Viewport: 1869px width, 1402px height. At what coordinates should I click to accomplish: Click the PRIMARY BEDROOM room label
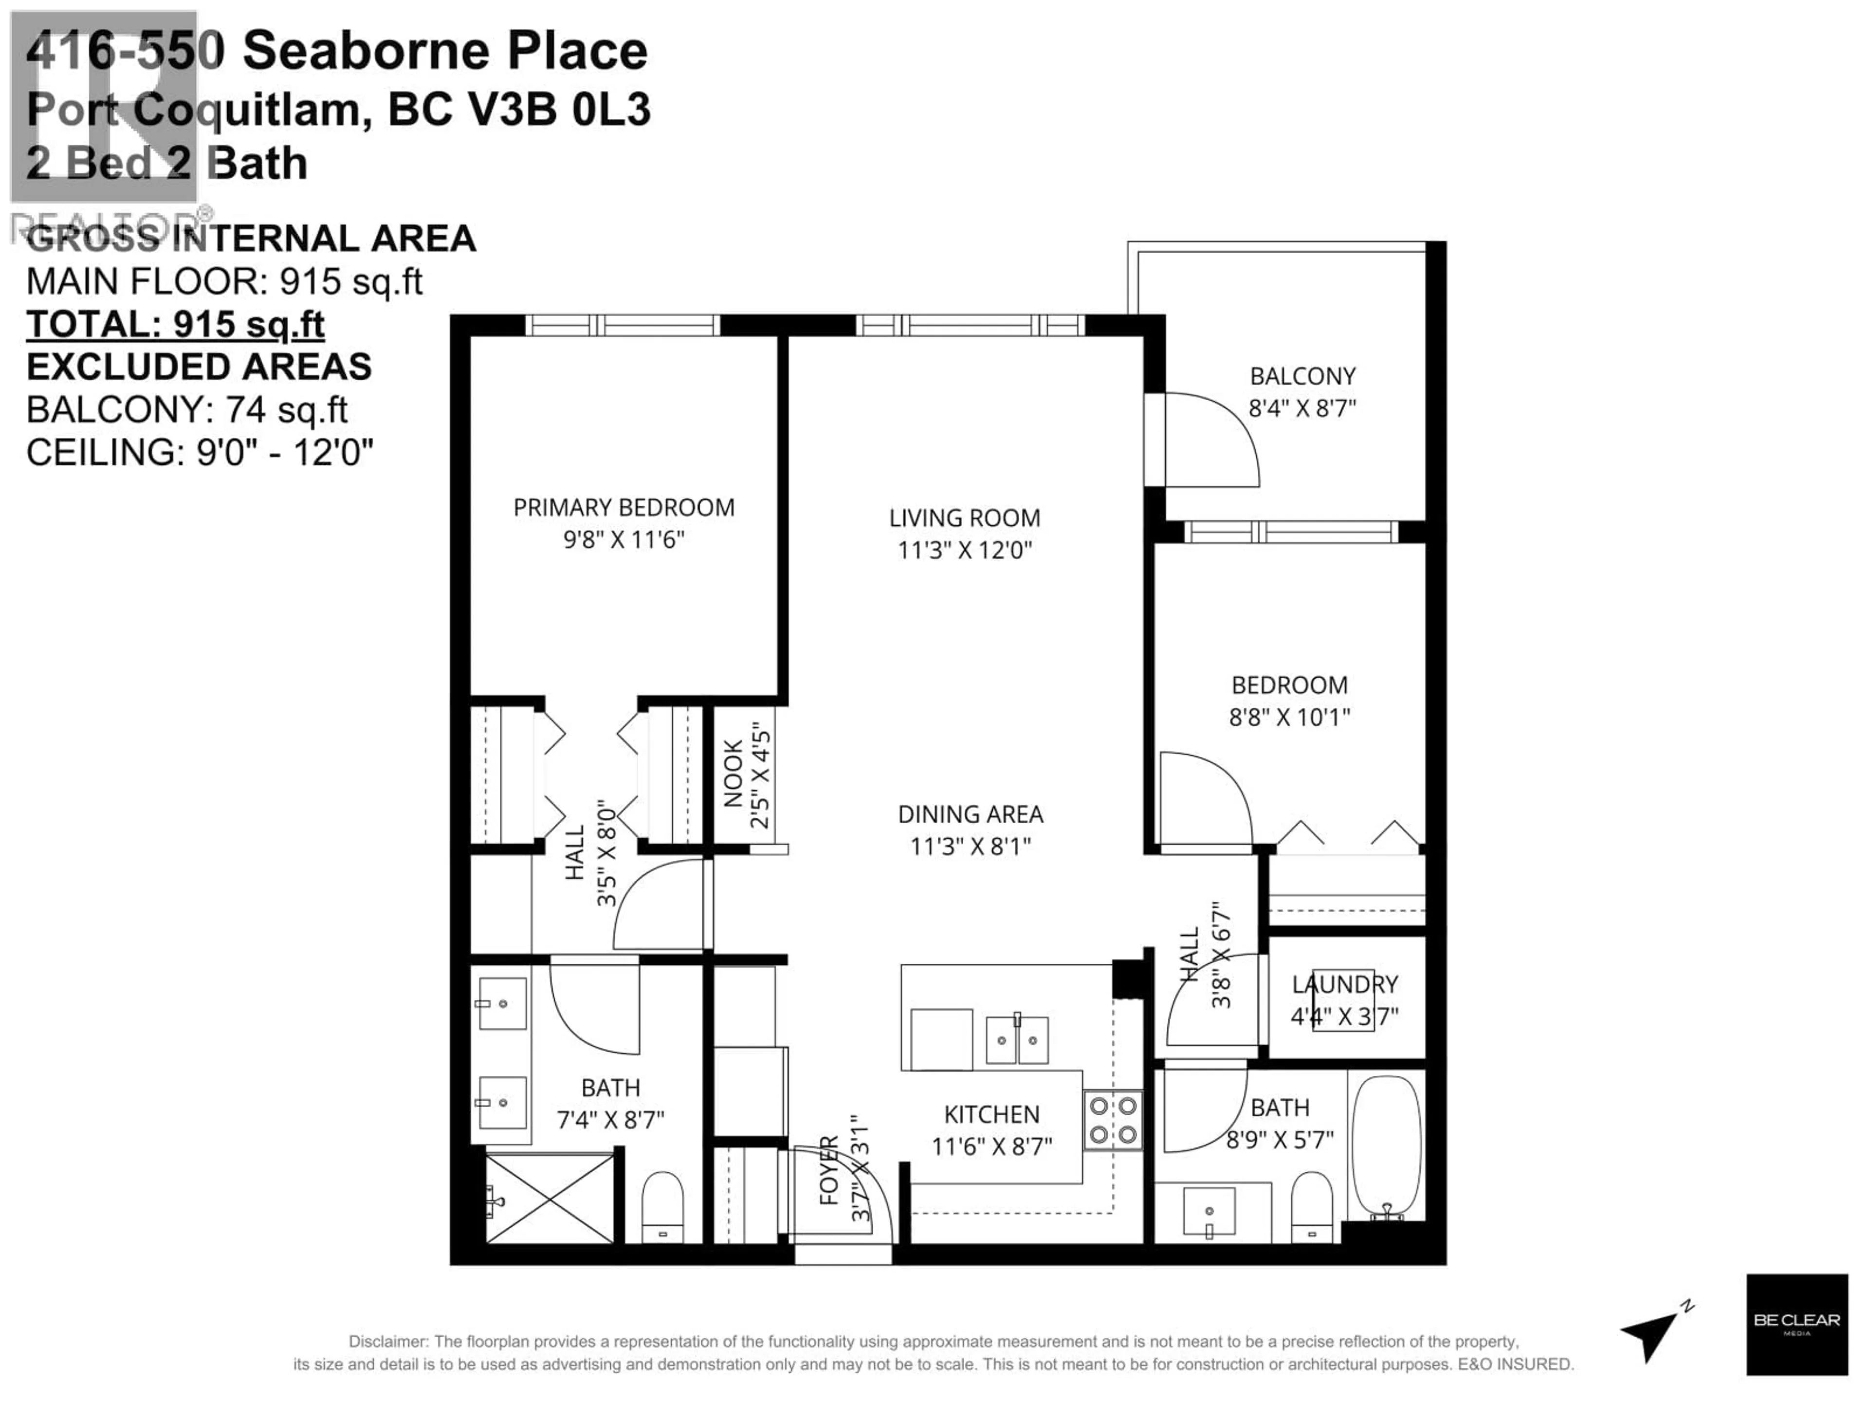tap(623, 507)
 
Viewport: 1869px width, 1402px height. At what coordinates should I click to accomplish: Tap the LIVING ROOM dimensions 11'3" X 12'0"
tap(964, 550)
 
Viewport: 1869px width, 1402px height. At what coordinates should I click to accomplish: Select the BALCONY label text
tap(1302, 376)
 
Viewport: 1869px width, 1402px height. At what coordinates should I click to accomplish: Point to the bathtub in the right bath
tap(1387, 1147)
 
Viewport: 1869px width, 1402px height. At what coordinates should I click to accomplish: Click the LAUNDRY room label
tap(1344, 984)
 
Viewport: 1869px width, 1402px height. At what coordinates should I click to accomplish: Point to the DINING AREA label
tap(970, 814)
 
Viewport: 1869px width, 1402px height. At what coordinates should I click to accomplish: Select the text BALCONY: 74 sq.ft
tap(187, 410)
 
